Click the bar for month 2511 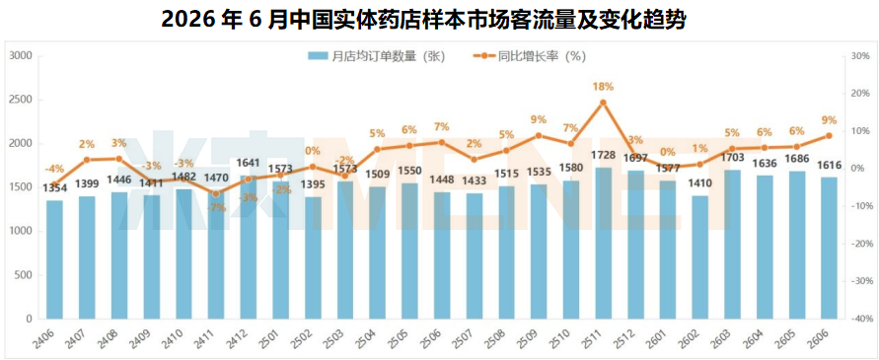pos(603,244)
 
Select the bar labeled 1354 pos(54,259)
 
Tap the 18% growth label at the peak pos(603,87)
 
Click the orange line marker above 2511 pos(603,103)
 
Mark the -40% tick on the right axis pos(860,319)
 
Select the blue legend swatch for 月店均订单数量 pos(318,56)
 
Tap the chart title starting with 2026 pos(423,20)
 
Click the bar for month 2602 pos(700,257)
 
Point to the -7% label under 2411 pos(216,208)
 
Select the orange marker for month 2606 pos(829,136)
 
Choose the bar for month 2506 pos(442,255)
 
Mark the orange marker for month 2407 pos(87,160)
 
